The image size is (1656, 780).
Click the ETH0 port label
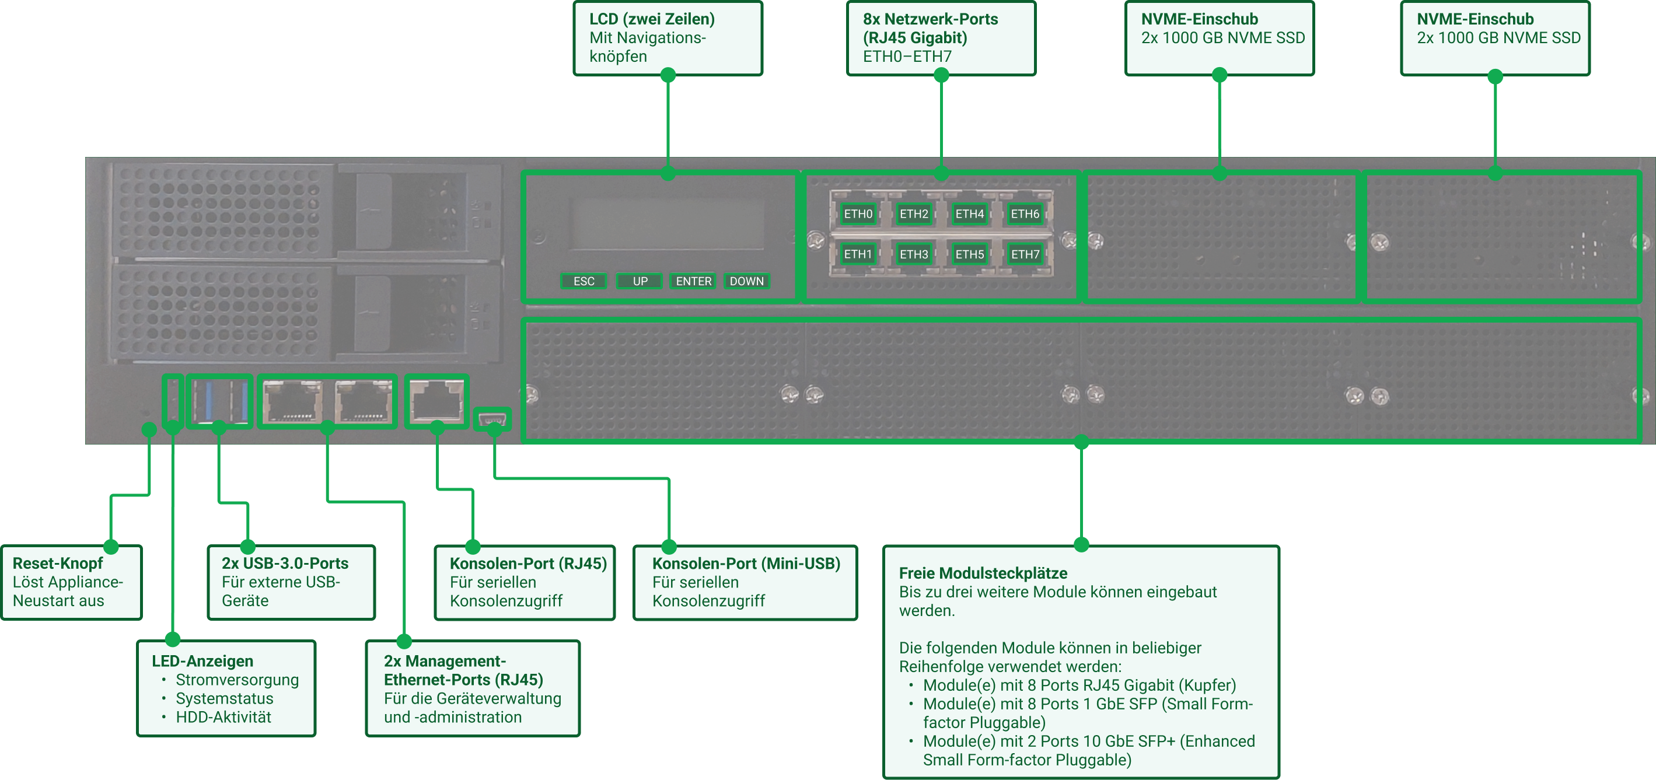858,214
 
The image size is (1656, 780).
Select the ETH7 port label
1025,254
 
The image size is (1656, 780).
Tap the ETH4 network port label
969,214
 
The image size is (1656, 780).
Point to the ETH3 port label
914,254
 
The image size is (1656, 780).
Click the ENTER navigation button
693,281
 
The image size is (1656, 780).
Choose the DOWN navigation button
746,281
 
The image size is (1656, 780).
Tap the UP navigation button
640,281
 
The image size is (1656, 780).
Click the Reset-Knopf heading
58,564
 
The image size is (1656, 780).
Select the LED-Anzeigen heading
202,661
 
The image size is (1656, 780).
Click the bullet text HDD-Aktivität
223,717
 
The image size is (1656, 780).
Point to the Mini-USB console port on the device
492,420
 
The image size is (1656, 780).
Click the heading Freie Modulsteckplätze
983,573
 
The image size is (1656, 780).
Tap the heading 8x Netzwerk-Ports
930,19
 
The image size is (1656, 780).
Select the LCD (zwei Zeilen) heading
652,19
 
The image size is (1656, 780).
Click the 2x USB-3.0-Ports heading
285,564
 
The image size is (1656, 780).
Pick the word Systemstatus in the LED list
224,698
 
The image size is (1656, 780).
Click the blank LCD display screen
666,224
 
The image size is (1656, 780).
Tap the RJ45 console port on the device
436,401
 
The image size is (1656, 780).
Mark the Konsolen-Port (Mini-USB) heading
746,564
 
